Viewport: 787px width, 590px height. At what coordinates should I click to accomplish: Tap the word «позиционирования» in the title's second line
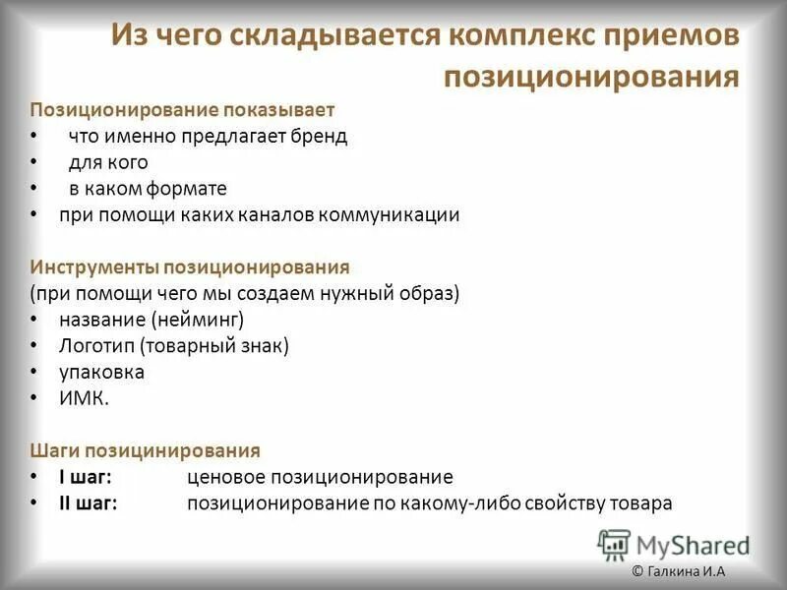591,76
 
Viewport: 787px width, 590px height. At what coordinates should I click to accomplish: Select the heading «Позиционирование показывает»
182,109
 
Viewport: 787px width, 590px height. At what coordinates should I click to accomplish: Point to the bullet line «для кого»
108,161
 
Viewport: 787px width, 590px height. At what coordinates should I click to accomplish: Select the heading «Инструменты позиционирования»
190,266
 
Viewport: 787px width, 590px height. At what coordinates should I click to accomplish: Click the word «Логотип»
96,346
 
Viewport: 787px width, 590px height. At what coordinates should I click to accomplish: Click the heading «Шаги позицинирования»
145,450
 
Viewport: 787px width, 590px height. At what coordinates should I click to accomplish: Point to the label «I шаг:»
86,477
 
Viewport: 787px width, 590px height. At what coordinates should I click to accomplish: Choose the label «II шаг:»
89,503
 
